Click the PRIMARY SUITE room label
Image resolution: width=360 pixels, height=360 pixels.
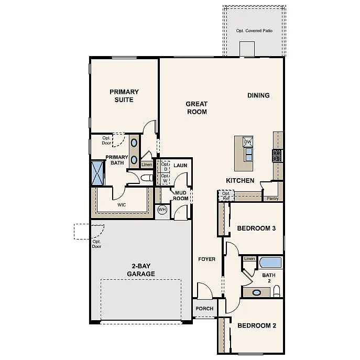point(124,96)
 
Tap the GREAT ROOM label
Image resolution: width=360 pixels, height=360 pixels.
point(197,108)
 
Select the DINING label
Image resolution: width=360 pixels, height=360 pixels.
point(258,95)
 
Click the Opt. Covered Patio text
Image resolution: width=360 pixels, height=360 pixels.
point(254,30)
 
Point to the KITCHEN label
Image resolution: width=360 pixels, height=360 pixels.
point(240,181)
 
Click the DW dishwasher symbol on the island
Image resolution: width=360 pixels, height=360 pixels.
point(248,142)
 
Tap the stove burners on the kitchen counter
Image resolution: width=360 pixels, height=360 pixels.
point(277,155)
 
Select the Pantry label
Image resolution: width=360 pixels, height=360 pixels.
point(272,199)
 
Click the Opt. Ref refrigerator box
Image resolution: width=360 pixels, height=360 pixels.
point(226,196)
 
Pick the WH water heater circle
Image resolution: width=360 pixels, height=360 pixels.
point(162,210)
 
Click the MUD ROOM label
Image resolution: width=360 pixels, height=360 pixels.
point(181,195)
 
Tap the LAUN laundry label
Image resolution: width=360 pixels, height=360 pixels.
point(180,166)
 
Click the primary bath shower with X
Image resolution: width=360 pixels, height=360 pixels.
point(97,172)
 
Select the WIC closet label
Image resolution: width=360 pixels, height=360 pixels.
point(122,205)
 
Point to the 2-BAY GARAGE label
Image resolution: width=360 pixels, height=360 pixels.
point(140,270)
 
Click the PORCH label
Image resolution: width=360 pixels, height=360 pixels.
point(204,309)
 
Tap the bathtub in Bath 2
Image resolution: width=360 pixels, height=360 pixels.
point(270,262)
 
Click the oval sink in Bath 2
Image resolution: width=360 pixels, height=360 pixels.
point(257,292)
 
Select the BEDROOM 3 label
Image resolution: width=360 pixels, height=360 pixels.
point(257,228)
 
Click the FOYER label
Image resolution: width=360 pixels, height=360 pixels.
point(206,259)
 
